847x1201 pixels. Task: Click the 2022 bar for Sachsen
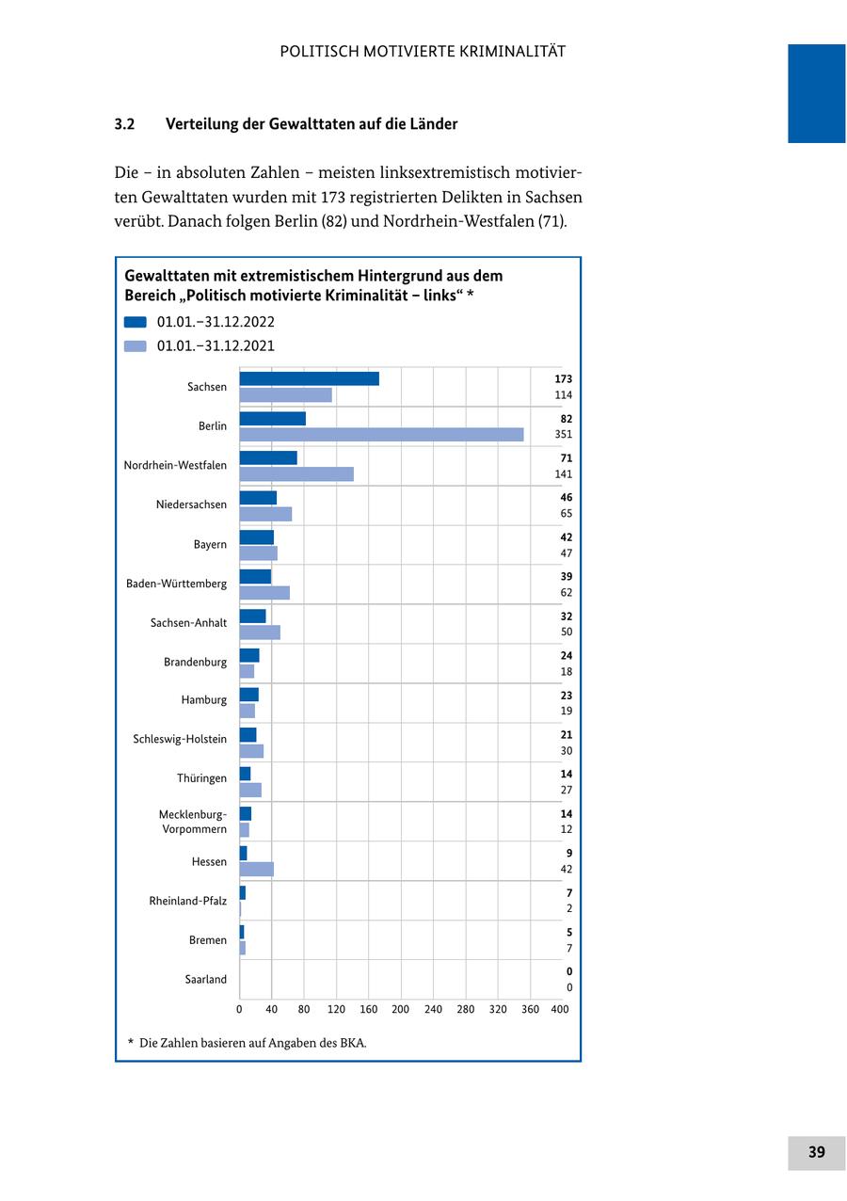point(309,378)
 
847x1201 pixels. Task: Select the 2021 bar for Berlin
point(381,435)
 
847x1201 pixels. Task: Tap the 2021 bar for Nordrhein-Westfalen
point(296,474)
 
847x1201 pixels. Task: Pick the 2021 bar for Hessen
point(256,869)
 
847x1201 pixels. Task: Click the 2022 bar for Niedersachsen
point(258,498)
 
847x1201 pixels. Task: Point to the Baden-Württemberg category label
point(176,584)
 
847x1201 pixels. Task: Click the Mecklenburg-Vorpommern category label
point(193,822)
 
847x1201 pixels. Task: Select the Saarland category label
point(205,979)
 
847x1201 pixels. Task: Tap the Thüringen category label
point(201,778)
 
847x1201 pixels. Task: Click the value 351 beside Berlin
point(563,435)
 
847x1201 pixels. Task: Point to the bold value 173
point(563,379)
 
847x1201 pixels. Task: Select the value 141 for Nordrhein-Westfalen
point(563,474)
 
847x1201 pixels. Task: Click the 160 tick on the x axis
point(368,1009)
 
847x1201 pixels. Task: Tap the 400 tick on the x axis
point(559,1009)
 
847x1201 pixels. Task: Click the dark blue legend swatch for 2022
point(136,322)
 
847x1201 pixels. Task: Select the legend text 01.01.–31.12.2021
point(216,345)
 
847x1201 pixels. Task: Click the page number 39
point(816,1152)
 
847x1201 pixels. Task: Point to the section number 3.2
point(125,124)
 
